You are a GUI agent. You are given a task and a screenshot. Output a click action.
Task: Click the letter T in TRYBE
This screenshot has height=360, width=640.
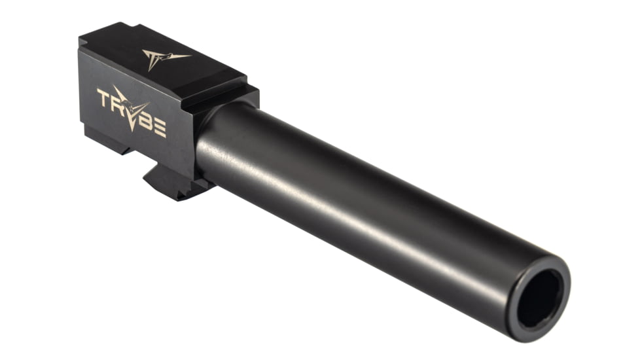pos(104,100)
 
